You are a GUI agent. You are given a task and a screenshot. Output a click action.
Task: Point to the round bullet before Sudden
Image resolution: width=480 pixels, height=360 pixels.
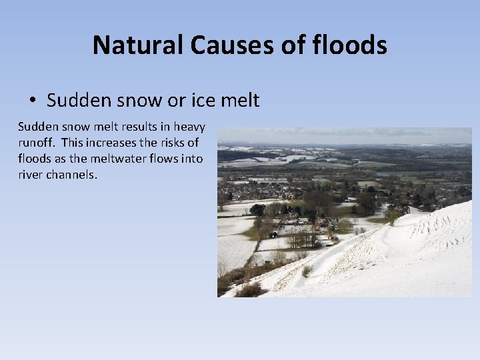tap(33, 101)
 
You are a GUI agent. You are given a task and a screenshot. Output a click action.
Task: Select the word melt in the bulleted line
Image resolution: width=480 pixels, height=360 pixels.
tap(239, 100)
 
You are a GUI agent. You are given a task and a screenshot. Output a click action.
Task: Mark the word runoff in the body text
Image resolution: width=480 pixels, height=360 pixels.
tap(35, 143)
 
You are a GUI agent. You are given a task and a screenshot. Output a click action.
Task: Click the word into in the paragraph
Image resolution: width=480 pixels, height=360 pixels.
tap(189, 159)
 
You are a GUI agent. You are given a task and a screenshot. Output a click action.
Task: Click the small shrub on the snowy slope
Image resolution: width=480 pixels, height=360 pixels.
tap(307, 271)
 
